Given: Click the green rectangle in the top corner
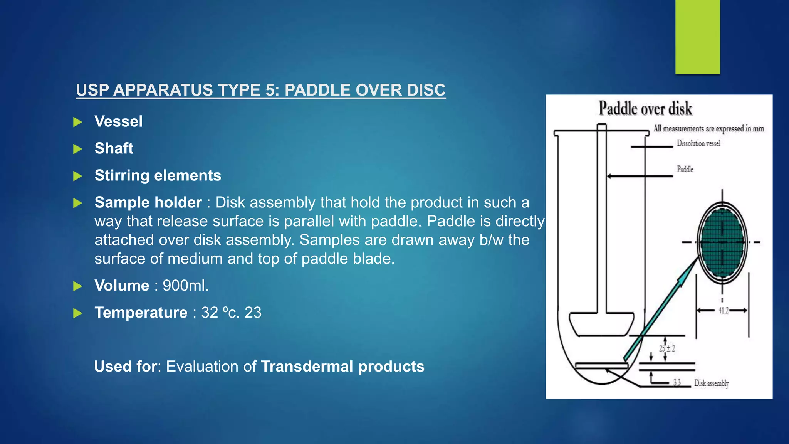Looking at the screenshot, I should [x=697, y=37].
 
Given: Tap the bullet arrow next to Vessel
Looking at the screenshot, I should [x=78, y=122].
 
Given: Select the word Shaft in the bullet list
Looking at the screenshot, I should [x=114, y=148].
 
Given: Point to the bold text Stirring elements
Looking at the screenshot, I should [x=158, y=175].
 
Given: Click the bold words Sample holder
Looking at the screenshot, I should [x=148, y=202].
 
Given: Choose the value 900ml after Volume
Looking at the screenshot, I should [x=186, y=286].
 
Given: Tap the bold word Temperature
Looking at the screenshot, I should [x=141, y=313].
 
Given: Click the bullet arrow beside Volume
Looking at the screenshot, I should [x=78, y=286].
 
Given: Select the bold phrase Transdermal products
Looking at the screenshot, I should [x=342, y=367].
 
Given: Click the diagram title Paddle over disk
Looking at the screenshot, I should [x=645, y=108].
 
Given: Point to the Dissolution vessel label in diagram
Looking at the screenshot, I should [x=698, y=143].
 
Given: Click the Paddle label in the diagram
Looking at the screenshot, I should [x=685, y=169].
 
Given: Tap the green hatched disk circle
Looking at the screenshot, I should [x=722, y=242].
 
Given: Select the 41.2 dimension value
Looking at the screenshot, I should [x=723, y=310].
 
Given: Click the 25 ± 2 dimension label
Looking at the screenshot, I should [x=667, y=348].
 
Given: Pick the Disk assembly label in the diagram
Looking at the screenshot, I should [x=711, y=383].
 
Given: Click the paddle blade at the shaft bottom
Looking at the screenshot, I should [x=601, y=324].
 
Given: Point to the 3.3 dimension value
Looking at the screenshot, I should [x=677, y=382].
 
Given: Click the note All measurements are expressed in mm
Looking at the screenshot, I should [x=708, y=129].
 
